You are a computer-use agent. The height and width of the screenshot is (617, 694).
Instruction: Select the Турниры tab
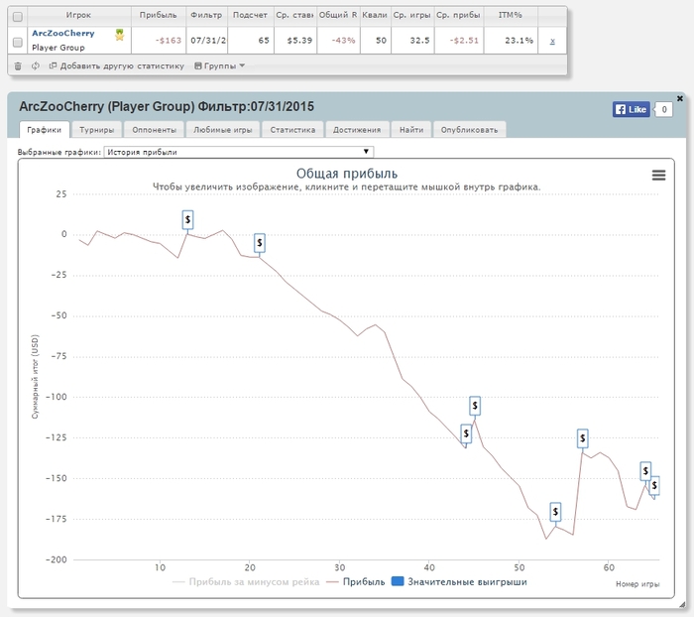coord(97,129)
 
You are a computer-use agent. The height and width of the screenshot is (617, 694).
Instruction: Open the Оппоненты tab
coord(154,129)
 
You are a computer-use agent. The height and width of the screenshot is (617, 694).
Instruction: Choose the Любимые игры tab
coord(223,129)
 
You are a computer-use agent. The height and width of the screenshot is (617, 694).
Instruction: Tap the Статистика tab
coord(292,129)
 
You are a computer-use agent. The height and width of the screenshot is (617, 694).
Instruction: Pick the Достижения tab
coord(357,129)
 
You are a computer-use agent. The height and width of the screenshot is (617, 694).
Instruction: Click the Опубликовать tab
coord(470,129)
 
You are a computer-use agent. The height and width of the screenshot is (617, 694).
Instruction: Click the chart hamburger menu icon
coord(658,175)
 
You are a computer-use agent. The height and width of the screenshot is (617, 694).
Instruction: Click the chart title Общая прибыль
coord(346,174)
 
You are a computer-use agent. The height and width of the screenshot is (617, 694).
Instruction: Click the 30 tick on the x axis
coord(339,567)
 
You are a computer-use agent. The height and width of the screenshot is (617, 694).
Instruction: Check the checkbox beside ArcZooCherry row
coord(17,41)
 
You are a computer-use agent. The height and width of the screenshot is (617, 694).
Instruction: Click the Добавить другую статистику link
coord(117,65)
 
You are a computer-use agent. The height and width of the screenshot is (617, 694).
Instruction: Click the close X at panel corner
coord(680,98)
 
